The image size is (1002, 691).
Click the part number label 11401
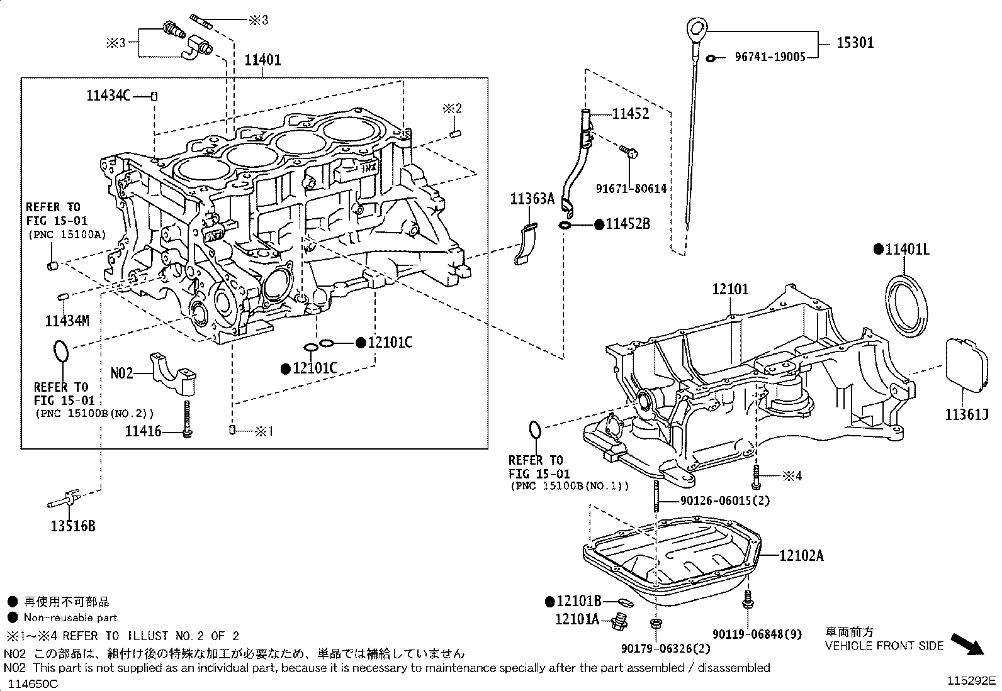pyautogui.click(x=262, y=60)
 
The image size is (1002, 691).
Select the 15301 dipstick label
pyautogui.click(x=855, y=43)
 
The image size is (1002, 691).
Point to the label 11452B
pyautogui.click(x=628, y=224)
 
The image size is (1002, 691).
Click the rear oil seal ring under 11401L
pyautogui.click(x=906, y=306)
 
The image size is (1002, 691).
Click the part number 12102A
pyautogui.click(x=801, y=556)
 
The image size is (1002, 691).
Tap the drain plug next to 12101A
pyautogui.click(x=620, y=622)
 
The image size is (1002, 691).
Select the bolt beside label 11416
pyautogui.click(x=187, y=419)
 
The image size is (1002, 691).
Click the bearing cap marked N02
pyautogui.click(x=172, y=373)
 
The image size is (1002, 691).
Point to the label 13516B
pyautogui.click(x=73, y=526)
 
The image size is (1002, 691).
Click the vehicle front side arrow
pyautogui.click(x=967, y=644)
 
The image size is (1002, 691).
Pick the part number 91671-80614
pyautogui.click(x=631, y=189)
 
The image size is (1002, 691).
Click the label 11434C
pyautogui.click(x=109, y=95)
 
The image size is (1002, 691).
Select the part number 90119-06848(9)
pyautogui.click(x=757, y=634)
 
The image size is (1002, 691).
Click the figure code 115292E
pyautogui.click(x=971, y=681)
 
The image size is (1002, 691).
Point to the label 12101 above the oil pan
pyautogui.click(x=730, y=289)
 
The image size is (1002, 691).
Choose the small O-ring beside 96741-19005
pyautogui.click(x=711, y=58)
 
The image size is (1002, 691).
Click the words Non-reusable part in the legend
pyautogui.click(x=70, y=617)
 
